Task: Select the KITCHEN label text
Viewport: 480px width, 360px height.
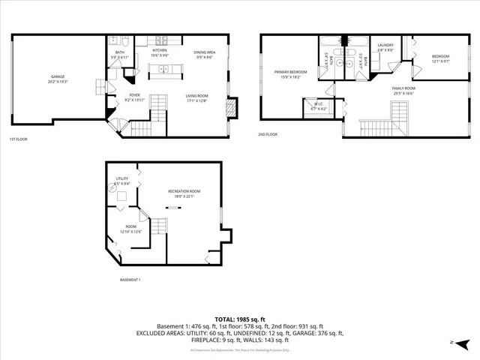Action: pyautogui.click(x=160, y=49)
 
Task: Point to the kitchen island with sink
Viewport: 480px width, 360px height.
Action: pyautogui.click(x=164, y=70)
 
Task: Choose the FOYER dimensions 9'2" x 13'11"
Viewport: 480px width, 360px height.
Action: pyautogui.click(x=134, y=100)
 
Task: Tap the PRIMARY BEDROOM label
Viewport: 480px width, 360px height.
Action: pyautogui.click(x=287, y=72)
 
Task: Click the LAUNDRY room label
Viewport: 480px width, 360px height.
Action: pyautogui.click(x=385, y=45)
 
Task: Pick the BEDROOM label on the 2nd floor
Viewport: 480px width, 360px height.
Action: pyautogui.click(x=440, y=57)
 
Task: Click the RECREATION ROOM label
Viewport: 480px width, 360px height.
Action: pyautogui.click(x=184, y=191)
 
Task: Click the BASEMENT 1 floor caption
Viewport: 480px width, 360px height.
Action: pyautogui.click(x=130, y=280)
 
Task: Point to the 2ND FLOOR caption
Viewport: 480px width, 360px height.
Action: pyautogui.click(x=268, y=134)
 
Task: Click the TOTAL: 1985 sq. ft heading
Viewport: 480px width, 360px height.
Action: pyautogui.click(x=239, y=319)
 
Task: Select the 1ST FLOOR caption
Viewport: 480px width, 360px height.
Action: pyautogui.click(x=20, y=139)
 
